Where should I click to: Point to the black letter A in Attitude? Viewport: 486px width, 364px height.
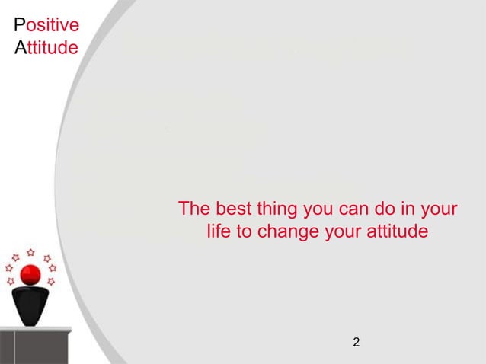coord(20,49)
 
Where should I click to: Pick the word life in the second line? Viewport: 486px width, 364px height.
coord(220,230)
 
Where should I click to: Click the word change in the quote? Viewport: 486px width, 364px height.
coord(289,231)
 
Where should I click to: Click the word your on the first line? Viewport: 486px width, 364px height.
coord(437,209)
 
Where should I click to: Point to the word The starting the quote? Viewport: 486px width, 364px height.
coord(193,208)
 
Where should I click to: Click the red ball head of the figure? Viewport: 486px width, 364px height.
coord(30,275)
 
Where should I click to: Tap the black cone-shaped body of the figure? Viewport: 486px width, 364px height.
coord(30,305)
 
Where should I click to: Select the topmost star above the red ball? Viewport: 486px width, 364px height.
coord(30,251)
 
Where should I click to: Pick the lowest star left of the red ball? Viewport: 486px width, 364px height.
coord(11,282)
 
